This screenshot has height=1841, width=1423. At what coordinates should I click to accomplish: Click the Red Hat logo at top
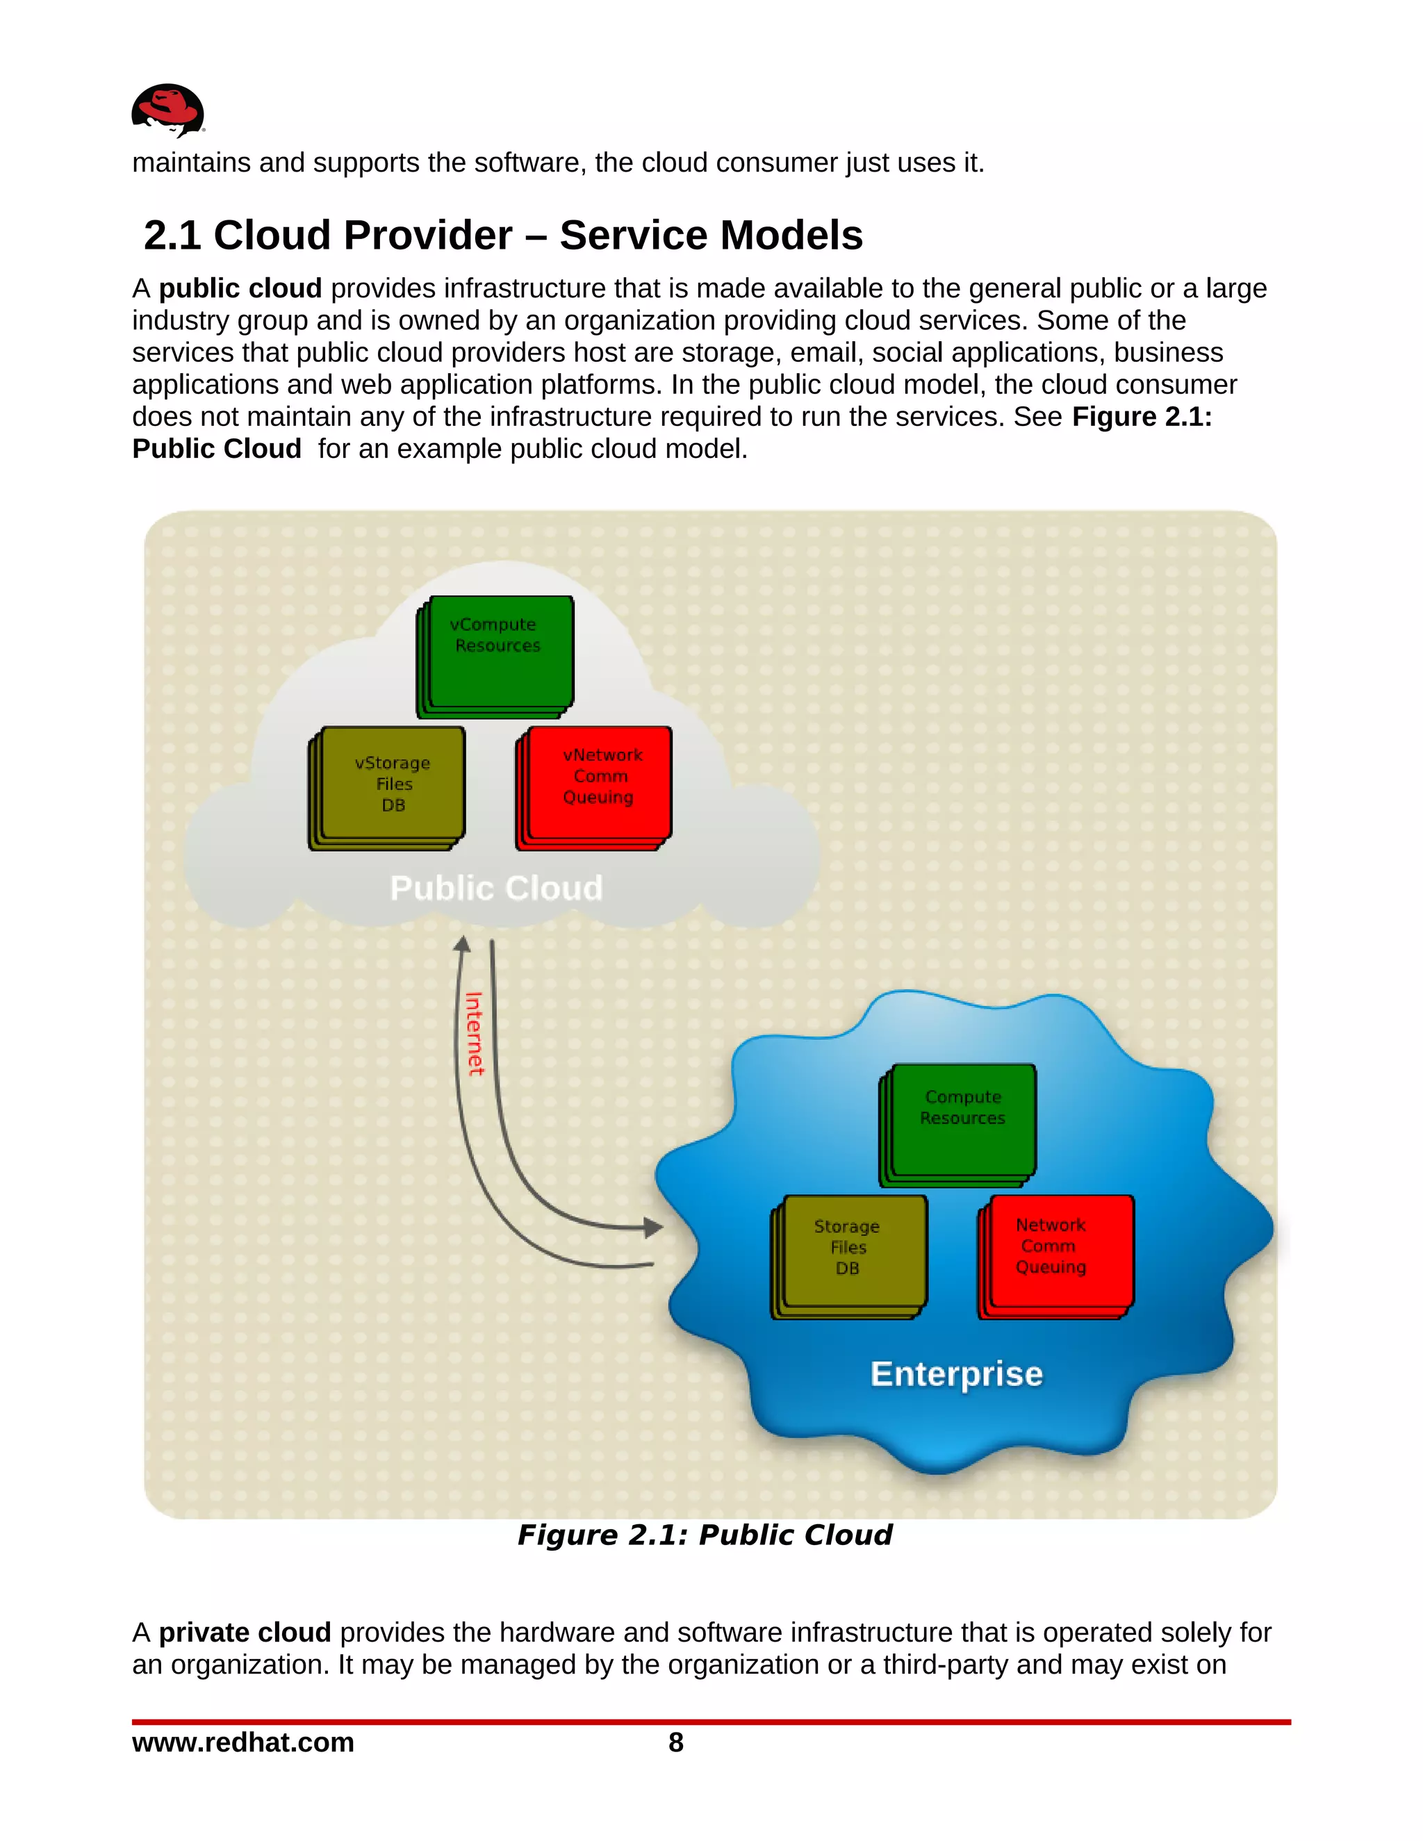point(167,110)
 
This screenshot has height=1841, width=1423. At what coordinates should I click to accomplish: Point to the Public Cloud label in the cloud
point(497,888)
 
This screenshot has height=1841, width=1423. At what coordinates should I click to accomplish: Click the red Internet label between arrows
point(475,1034)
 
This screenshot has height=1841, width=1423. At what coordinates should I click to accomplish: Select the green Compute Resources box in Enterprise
point(961,1121)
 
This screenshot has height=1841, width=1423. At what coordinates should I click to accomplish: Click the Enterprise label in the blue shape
point(956,1374)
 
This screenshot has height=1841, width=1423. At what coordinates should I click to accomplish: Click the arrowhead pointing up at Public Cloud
point(462,945)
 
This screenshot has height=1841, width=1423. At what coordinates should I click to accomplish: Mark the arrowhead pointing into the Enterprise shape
point(652,1228)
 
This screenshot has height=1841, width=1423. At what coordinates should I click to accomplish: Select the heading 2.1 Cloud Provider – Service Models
point(503,236)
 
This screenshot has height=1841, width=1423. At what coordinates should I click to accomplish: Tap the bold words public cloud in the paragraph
point(240,289)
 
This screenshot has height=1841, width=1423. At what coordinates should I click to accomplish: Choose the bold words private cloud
point(245,1633)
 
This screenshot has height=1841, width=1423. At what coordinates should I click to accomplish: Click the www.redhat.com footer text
point(242,1742)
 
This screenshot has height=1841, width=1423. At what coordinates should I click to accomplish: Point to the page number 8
point(676,1742)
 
